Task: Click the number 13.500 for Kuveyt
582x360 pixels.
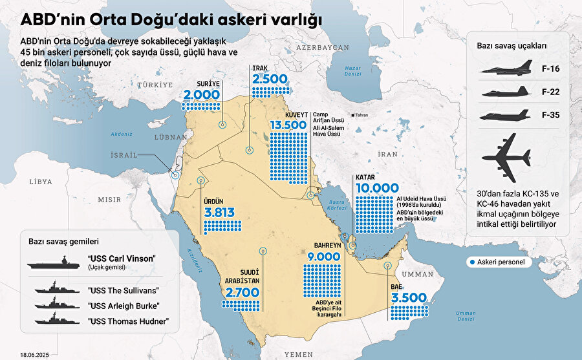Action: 288,124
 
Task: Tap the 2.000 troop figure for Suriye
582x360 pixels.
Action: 202,96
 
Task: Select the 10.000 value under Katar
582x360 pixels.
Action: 376,188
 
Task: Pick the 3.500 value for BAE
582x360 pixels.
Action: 408,298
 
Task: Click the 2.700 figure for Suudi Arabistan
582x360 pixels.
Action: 242,293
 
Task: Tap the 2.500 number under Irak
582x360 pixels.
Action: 269,79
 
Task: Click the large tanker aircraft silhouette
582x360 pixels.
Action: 507,157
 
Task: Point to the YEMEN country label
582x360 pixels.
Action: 299,354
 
